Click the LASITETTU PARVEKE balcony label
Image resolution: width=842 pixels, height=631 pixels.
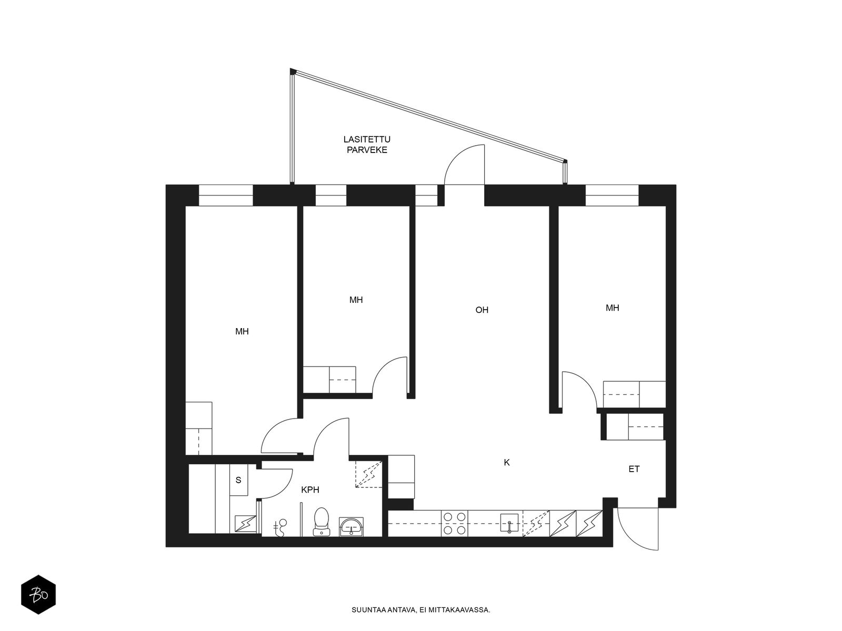click(367, 145)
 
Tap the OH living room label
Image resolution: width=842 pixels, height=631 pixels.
click(482, 310)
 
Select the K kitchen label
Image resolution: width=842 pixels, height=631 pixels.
click(507, 462)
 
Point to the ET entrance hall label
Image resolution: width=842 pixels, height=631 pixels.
click(634, 469)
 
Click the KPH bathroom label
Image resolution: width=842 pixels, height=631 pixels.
click(310, 490)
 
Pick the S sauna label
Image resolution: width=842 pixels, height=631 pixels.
click(238, 480)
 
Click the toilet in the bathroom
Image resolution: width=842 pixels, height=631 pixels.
click(322, 522)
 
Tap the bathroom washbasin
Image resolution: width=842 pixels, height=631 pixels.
click(351, 526)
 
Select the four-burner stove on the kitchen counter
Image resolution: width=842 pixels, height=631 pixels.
click(455, 523)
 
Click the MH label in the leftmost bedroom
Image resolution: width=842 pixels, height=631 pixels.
click(242, 331)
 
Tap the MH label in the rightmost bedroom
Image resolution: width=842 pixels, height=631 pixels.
click(612, 308)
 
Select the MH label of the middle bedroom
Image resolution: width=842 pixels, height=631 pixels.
click(356, 300)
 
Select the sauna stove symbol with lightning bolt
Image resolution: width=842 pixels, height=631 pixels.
click(245, 524)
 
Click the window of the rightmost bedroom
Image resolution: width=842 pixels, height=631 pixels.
click(612, 196)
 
